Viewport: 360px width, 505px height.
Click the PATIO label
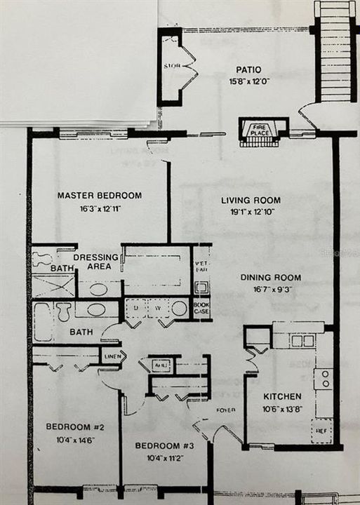click(248, 70)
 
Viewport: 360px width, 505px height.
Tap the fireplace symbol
click(264, 131)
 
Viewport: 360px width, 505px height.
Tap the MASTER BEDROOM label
click(100, 196)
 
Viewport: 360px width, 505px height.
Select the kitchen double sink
click(302, 341)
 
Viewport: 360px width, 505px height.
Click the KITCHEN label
click(282, 396)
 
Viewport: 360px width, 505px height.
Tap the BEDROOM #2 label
click(69, 426)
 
